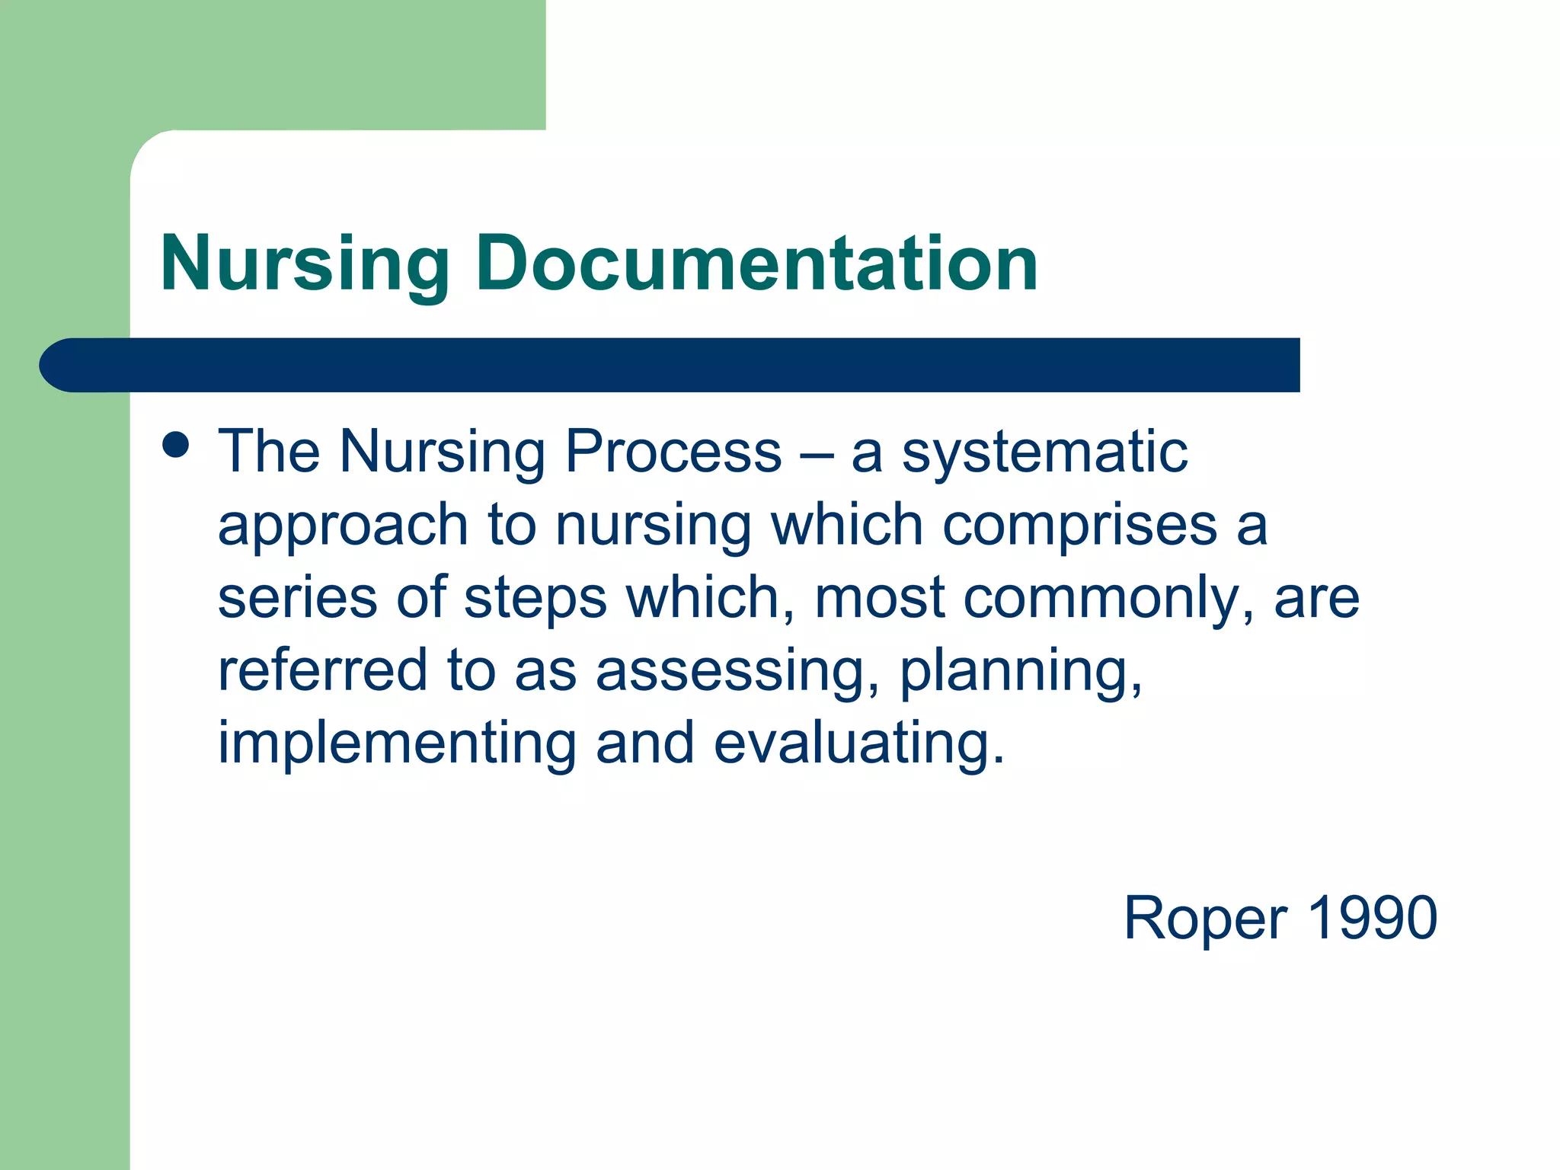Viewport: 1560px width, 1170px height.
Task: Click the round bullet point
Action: click(x=176, y=445)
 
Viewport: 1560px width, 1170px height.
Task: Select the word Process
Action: click(x=673, y=451)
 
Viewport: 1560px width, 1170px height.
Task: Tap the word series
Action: click(x=297, y=598)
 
